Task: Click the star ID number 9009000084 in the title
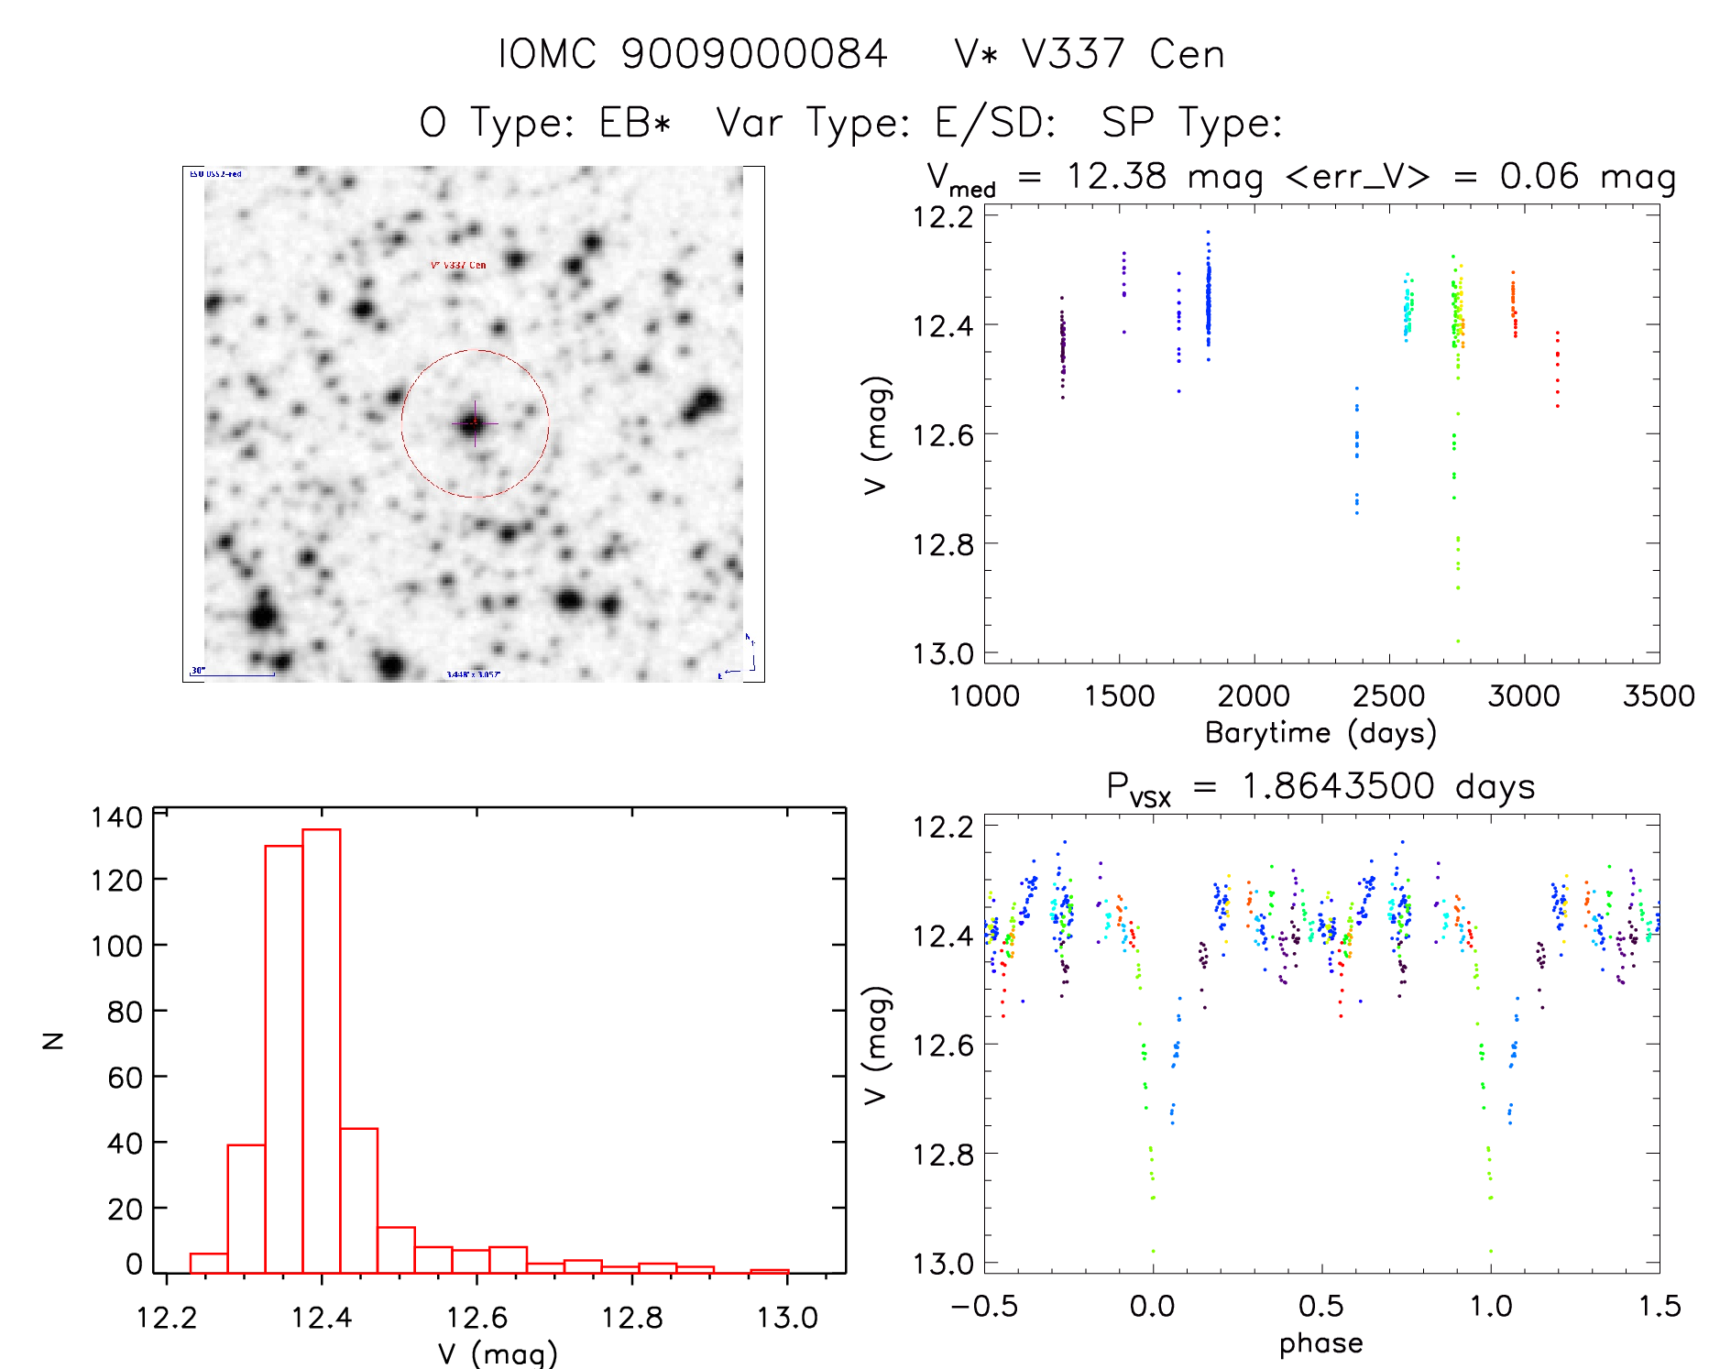(754, 54)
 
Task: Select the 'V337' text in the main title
(1073, 54)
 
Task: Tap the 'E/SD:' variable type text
(995, 122)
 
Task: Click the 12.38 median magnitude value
(1116, 176)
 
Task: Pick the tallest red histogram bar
(322, 1050)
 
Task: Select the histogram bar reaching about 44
(359, 1200)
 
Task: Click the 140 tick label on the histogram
(116, 816)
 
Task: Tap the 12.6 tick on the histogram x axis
(477, 1318)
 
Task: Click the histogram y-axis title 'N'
(53, 1040)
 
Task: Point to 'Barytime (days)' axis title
(1320, 732)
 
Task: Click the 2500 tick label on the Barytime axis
(1388, 695)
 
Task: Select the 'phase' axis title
(1320, 1342)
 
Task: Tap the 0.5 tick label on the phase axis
(1320, 1306)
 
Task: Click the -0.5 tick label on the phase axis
(984, 1306)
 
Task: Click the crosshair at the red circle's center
(475, 423)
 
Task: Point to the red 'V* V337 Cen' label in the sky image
(458, 265)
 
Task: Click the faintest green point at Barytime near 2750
(1458, 641)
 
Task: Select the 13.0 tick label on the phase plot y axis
(943, 1264)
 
